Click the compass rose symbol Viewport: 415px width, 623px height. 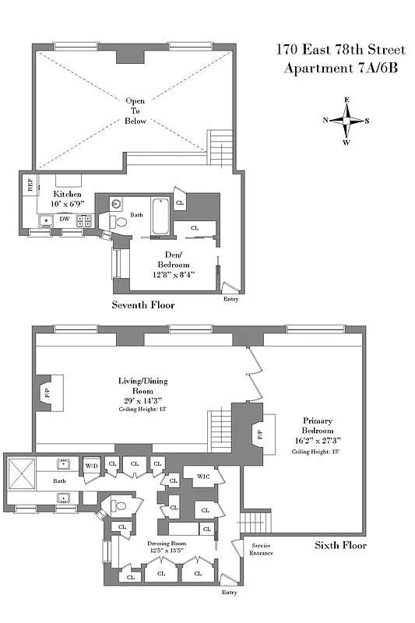coord(347,120)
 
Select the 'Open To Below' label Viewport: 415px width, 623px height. coord(135,111)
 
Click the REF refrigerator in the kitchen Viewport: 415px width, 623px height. coord(30,185)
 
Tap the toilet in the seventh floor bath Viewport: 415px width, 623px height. coord(121,223)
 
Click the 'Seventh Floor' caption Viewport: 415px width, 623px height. coord(142,305)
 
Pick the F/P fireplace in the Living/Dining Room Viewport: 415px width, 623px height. coord(47,393)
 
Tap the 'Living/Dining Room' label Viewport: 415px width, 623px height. coord(142,386)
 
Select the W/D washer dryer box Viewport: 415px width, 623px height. coord(91,465)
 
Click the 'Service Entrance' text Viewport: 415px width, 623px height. coord(259,549)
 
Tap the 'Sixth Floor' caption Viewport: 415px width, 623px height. coord(340,545)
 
